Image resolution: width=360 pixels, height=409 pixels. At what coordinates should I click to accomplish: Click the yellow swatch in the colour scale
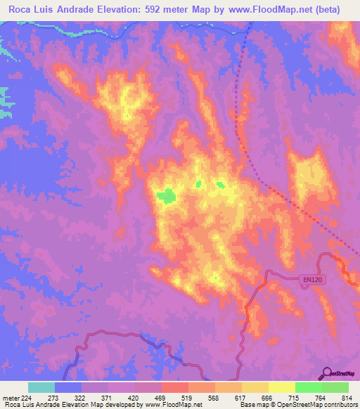point(281,388)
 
